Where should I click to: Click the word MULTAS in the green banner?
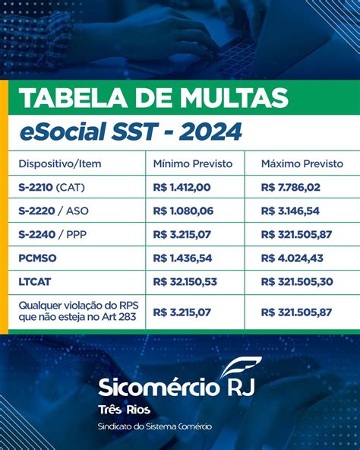pyautogui.click(x=234, y=98)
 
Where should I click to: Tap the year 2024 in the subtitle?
pyautogui.click(x=210, y=132)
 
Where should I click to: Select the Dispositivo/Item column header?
pyautogui.click(x=60, y=164)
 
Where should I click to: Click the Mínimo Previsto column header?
pyautogui.click(x=193, y=163)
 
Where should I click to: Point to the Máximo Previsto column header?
pyautogui.click(x=302, y=163)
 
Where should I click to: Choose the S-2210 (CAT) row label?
pyautogui.click(x=52, y=188)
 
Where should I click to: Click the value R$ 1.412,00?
pyautogui.click(x=182, y=188)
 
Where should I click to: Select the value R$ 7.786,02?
pyautogui.click(x=291, y=188)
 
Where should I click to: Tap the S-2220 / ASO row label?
pyautogui.click(x=54, y=211)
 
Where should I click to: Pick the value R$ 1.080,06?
pyautogui.click(x=183, y=211)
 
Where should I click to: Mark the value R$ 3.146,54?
pyautogui.click(x=290, y=211)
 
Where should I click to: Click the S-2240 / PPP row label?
pyautogui.click(x=52, y=234)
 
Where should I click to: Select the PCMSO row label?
pyautogui.click(x=37, y=258)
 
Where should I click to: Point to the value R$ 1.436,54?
pyautogui.click(x=182, y=258)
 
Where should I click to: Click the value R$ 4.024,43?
pyautogui.click(x=292, y=258)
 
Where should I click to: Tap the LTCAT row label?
pyautogui.click(x=35, y=281)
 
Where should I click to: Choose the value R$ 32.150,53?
pyautogui.click(x=185, y=281)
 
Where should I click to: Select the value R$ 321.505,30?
pyautogui.click(x=297, y=281)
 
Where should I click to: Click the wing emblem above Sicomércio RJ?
pyautogui.click(x=241, y=367)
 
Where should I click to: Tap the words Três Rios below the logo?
pyautogui.click(x=125, y=410)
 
